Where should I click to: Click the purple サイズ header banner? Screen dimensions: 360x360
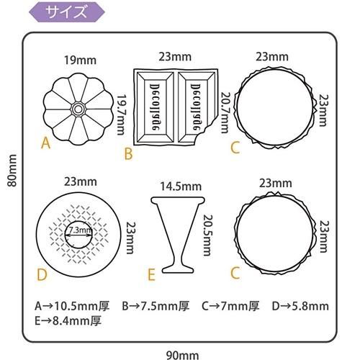click(x=67, y=12)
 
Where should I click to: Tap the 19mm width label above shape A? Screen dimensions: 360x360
click(x=80, y=60)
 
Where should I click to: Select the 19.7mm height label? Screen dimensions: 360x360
click(x=121, y=114)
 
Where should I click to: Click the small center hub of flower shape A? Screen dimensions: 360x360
click(x=78, y=109)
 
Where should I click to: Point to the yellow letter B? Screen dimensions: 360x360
click(x=128, y=154)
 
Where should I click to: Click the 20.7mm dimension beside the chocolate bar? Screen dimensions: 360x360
click(x=225, y=112)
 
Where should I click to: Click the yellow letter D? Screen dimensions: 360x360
click(x=42, y=274)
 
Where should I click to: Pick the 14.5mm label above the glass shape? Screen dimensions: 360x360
click(x=181, y=186)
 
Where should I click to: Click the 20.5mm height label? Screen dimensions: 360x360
click(x=208, y=235)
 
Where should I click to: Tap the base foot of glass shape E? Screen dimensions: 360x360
click(x=178, y=269)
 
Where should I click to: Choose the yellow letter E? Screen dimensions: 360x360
click(x=151, y=275)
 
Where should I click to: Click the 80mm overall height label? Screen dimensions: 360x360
click(x=12, y=171)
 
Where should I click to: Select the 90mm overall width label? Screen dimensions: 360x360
click(x=182, y=356)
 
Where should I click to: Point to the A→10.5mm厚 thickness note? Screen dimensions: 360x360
click(x=72, y=306)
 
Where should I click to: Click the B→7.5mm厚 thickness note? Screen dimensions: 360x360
click(x=156, y=306)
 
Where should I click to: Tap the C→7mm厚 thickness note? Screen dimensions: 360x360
click(x=230, y=306)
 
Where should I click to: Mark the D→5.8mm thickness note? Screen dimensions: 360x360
click(x=300, y=306)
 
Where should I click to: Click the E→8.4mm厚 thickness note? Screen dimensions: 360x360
click(x=68, y=321)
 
